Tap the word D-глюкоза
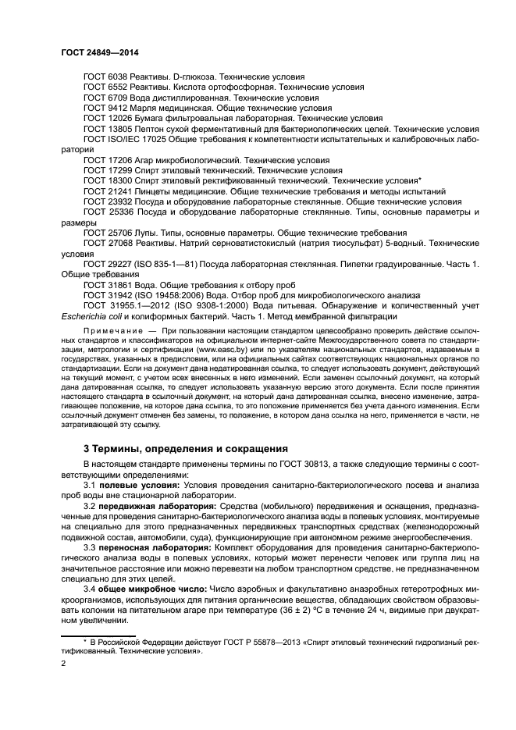click(x=201, y=77)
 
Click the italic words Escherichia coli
click(x=94, y=316)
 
